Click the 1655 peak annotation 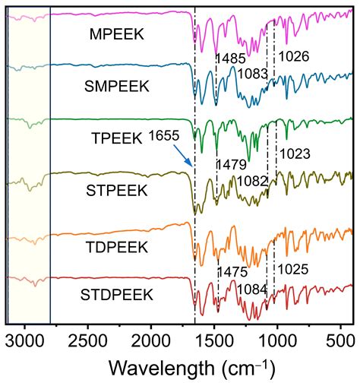[167, 138]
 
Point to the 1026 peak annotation [294, 56]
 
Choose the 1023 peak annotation [295, 154]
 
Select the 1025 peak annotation [293, 269]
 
